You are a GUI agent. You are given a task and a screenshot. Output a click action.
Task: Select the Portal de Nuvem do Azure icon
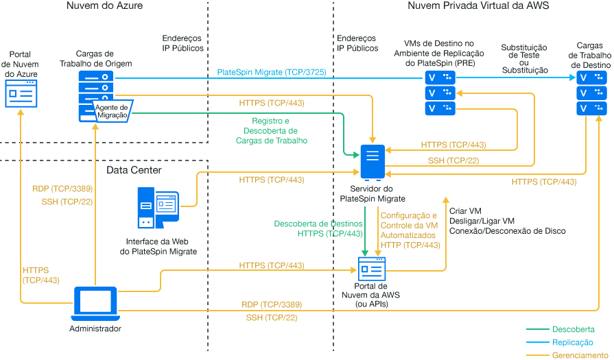(x=21, y=93)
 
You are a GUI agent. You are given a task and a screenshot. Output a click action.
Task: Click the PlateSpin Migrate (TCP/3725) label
(x=271, y=72)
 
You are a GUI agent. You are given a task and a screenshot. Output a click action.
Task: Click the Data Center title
(x=134, y=169)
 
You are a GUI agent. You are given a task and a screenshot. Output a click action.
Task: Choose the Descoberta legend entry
(x=573, y=329)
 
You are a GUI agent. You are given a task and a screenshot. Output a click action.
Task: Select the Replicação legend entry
(x=572, y=342)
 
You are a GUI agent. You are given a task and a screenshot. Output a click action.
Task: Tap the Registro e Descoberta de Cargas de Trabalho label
(x=274, y=130)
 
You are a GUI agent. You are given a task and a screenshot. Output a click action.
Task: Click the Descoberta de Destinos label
(x=318, y=224)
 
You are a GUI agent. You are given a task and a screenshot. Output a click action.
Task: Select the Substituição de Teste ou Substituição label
(x=525, y=59)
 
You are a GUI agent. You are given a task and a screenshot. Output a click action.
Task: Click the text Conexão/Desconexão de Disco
(x=507, y=231)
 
